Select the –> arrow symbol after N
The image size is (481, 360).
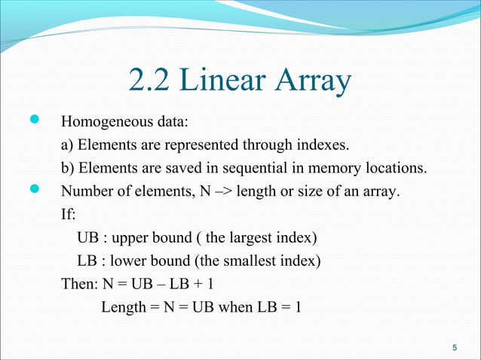tap(221, 191)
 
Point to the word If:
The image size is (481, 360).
tap(69, 215)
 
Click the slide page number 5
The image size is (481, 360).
tap(454, 347)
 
